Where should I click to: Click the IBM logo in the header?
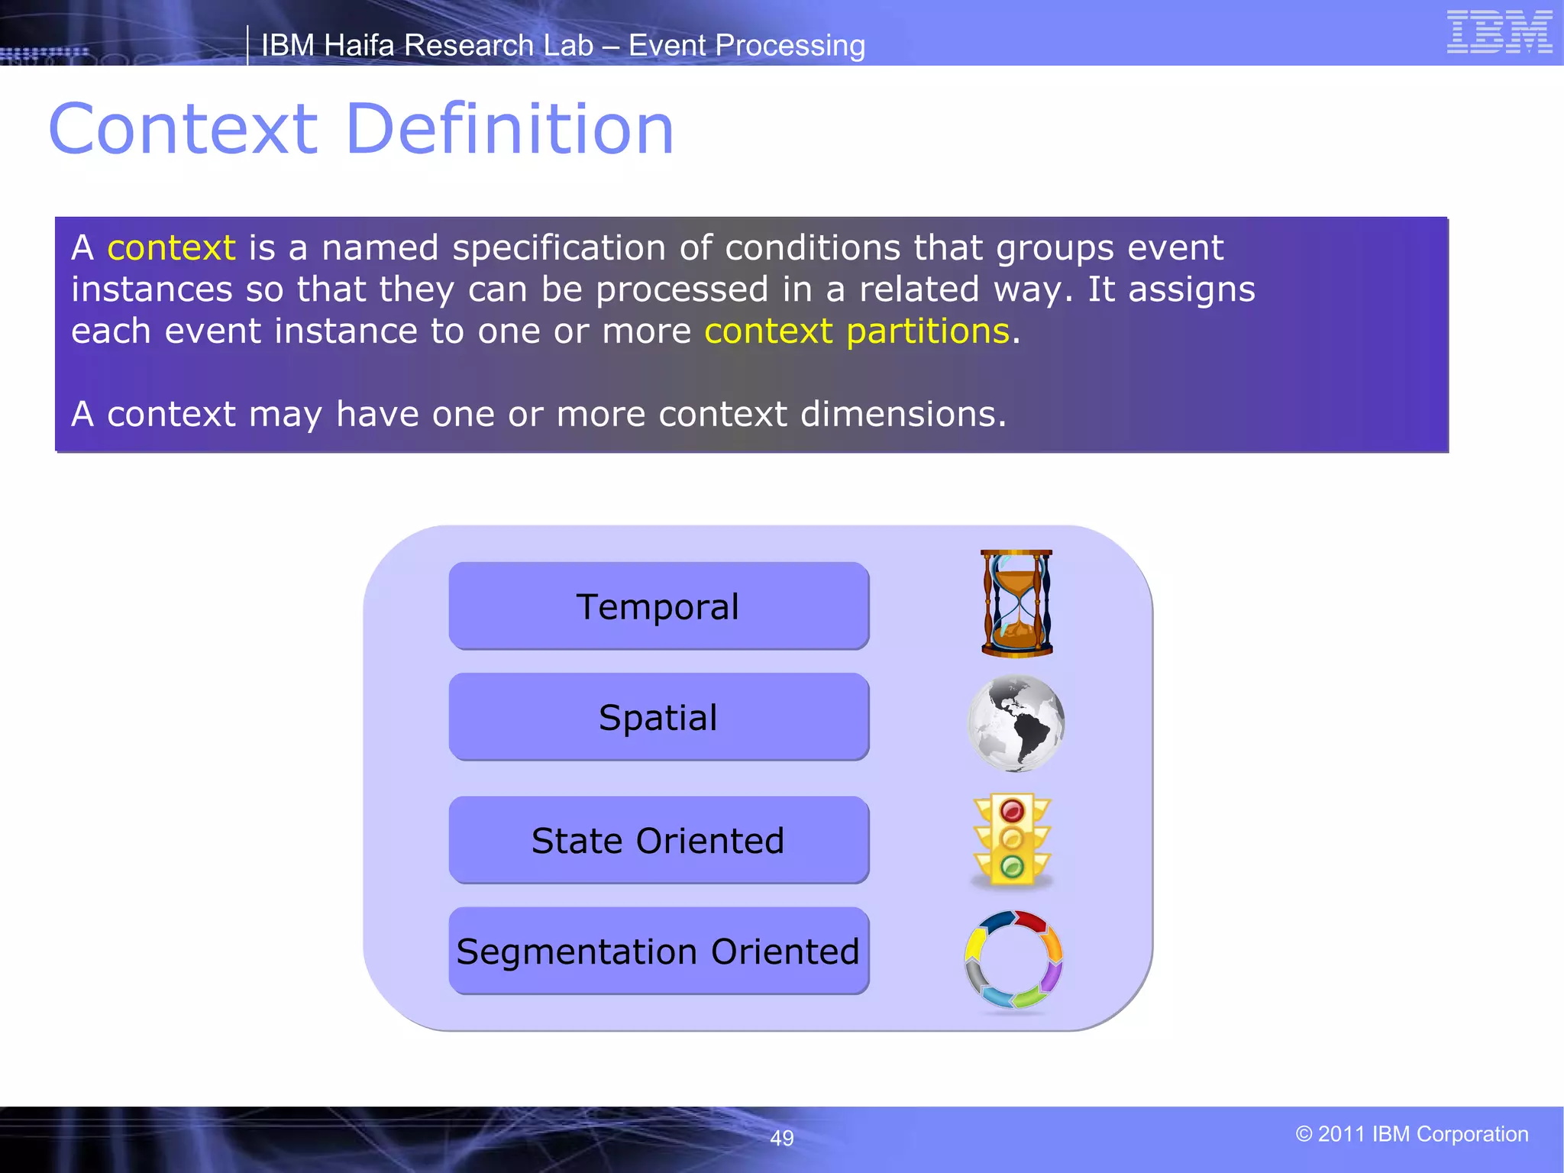tap(1499, 31)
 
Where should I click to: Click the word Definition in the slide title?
tap(509, 129)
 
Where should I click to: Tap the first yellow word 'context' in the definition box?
tap(171, 248)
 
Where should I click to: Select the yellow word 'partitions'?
tap(928, 331)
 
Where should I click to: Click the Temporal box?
tap(658, 606)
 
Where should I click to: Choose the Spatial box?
tap(658, 717)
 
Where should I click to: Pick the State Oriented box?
tap(658, 840)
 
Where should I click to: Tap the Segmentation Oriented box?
tap(658, 951)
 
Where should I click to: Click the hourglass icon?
tap(1016, 603)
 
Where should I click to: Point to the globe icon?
tap(1016, 722)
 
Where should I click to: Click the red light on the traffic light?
tap(1012, 810)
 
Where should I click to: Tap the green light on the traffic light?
tap(1012, 867)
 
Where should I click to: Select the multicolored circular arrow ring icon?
tap(1013, 959)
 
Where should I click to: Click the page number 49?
tap(781, 1138)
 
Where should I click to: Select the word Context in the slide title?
tap(183, 129)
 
